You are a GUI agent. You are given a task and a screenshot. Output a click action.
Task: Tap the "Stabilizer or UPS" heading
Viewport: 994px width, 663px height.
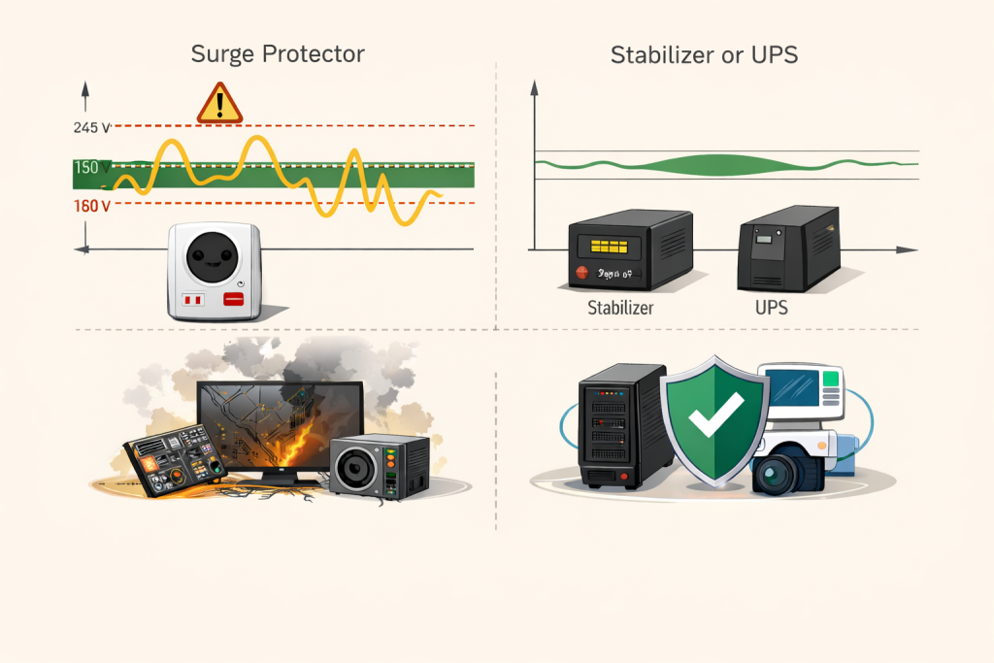[x=704, y=54]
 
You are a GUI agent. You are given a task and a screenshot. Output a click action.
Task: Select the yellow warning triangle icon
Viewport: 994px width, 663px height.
[x=219, y=103]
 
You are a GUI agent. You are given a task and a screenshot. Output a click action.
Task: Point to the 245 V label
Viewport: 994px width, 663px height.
[x=91, y=127]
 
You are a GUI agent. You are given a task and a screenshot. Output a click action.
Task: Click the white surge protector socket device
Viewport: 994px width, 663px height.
[x=215, y=271]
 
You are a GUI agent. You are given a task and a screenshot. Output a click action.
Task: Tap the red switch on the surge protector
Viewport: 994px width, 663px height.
[x=233, y=300]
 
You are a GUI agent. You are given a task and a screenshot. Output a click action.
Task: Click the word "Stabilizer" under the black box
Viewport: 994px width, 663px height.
[x=621, y=309]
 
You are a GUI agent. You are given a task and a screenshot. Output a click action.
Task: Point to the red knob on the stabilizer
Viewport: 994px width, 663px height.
[x=582, y=274]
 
